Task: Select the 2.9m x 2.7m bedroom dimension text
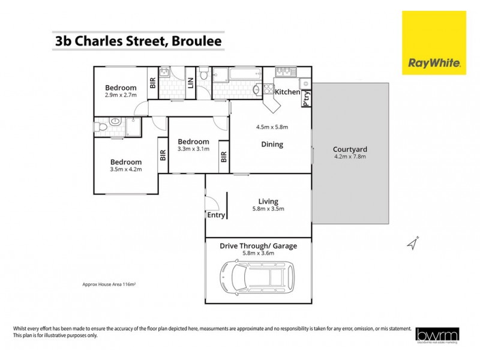click(121, 95)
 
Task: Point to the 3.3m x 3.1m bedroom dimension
click(193, 149)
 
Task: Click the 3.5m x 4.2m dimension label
click(125, 169)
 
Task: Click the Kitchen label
click(287, 92)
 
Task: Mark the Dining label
click(272, 144)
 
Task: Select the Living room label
click(268, 202)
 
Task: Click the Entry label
click(215, 215)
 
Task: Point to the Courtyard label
click(350, 149)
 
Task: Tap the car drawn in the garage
click(259, 277)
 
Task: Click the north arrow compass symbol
click(412, 243)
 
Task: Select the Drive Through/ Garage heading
click(258, 245)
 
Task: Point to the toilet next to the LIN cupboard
click(204, 75)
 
